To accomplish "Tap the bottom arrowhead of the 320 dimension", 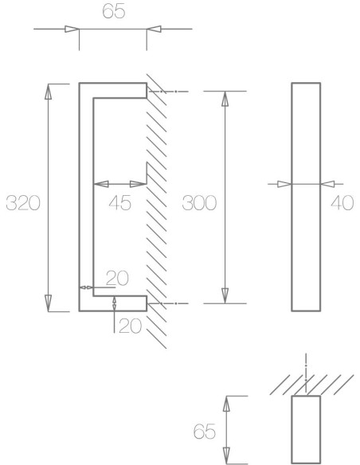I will [x=48, y=304].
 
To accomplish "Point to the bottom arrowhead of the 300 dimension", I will [x=225, y=295].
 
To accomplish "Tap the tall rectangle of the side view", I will [x=307, y=196].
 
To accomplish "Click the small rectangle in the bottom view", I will [x=307, y=429].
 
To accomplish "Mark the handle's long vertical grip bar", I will [x=87, y=197].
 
